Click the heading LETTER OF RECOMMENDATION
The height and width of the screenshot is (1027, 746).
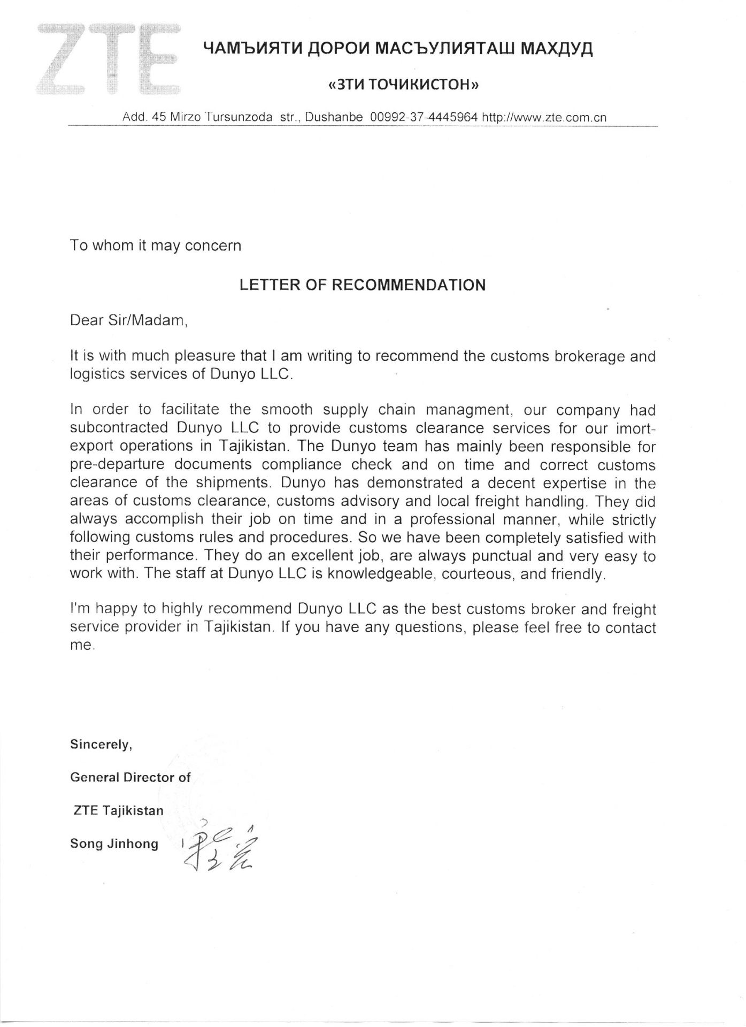click(362, 285)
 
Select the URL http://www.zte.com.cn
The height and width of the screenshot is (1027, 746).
click(544, 118)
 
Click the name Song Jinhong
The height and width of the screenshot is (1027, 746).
click(114, 844)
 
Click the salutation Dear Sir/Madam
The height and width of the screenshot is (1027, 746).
click(129, 321)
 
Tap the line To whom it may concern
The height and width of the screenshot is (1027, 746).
click(156, 246)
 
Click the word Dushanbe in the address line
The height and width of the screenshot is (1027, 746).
click(334, 118)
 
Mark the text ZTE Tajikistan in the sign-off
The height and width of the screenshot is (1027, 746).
click(118, 811)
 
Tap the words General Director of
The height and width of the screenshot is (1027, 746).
click(130, 778)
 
